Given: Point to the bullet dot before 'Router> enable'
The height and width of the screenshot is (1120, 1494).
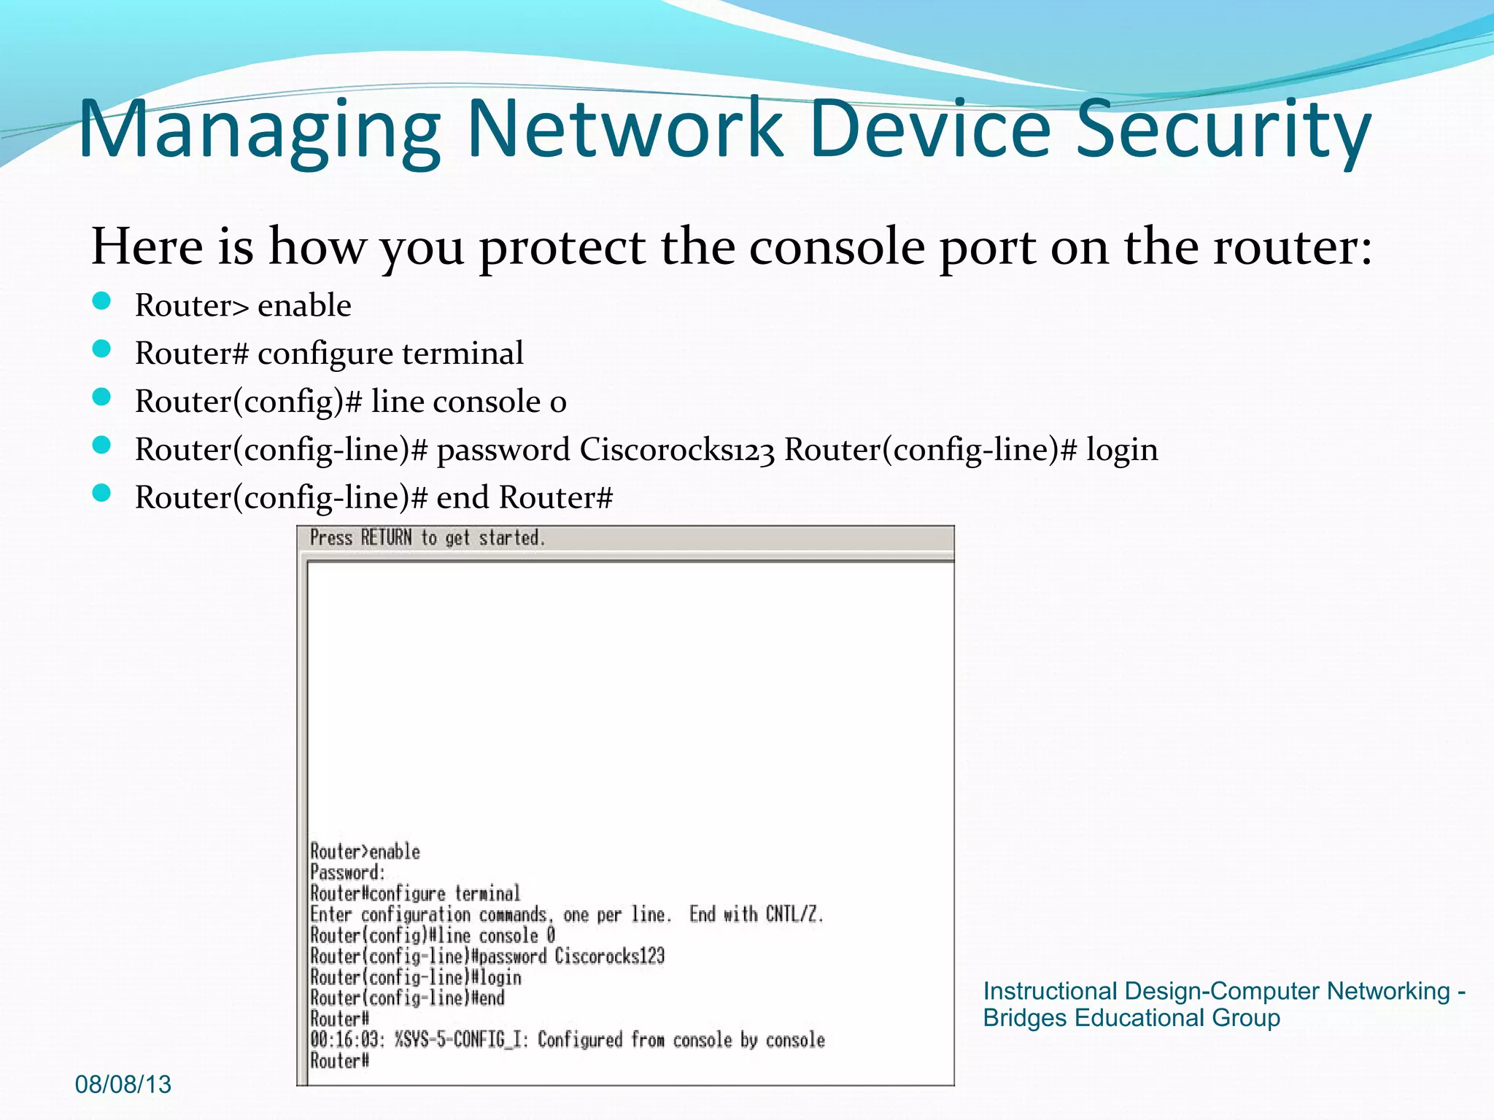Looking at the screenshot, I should [x=102, y=302].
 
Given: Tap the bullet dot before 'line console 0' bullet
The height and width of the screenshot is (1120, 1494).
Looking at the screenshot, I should [x=102, y=398].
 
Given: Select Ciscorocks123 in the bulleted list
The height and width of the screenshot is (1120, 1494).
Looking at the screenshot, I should [x=677, y=450].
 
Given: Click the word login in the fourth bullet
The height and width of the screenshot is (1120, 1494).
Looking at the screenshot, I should [x=1122, y=450].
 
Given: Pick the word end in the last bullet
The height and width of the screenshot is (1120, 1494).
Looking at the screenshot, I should [x=462, y=498].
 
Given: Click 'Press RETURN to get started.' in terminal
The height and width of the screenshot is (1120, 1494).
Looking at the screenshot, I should [x=427, y=538].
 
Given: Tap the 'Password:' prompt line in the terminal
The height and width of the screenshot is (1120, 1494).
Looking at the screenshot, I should [x=347, y=872].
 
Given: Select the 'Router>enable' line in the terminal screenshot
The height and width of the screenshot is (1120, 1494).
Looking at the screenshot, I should [x=365, y=852].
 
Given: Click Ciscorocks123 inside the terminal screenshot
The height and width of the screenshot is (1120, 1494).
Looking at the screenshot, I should [x=610, y=956].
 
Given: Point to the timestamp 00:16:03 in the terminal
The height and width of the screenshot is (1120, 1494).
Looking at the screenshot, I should [x=347, y=1040].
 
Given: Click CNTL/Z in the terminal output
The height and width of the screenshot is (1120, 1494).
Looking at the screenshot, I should [x=794, y=914].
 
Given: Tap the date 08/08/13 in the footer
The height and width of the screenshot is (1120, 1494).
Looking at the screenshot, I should [x=123, y=1084].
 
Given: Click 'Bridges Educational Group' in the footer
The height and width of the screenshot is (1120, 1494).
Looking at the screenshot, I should [x=1131, y=1018].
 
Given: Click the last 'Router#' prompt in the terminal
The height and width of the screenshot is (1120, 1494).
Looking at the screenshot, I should [x=340, y=1061].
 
